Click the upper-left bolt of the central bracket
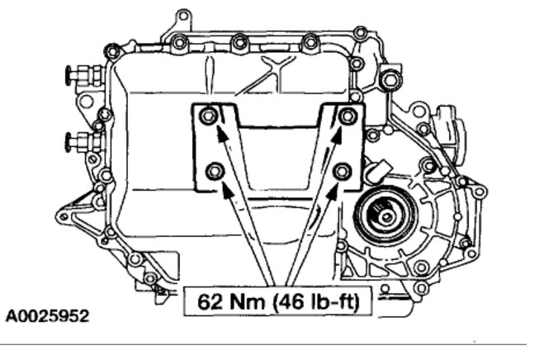208,116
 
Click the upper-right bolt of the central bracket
348,116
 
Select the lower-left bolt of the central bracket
215,171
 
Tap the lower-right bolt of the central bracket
343,171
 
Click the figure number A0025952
47,316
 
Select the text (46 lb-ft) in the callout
316,302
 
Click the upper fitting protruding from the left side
84,75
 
